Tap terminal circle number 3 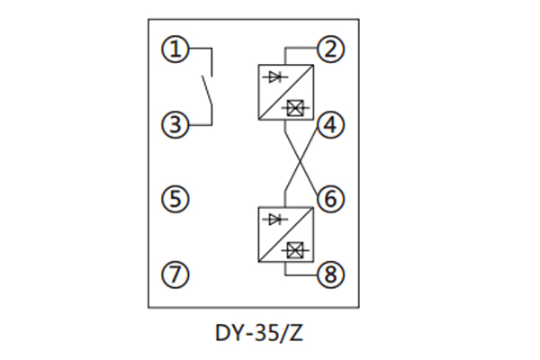coord(176,125)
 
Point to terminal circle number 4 coord(334,125)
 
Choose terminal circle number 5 coord(176,197)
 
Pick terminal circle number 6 coord(334,197)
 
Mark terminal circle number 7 coord(176,274)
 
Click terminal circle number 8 coord(334,274)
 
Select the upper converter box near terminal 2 coord(285,93)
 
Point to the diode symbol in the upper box coord(273,77)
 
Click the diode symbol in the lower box coord(273,220)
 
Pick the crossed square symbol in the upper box coord(293,108)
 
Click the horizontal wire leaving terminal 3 coord(201,125)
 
